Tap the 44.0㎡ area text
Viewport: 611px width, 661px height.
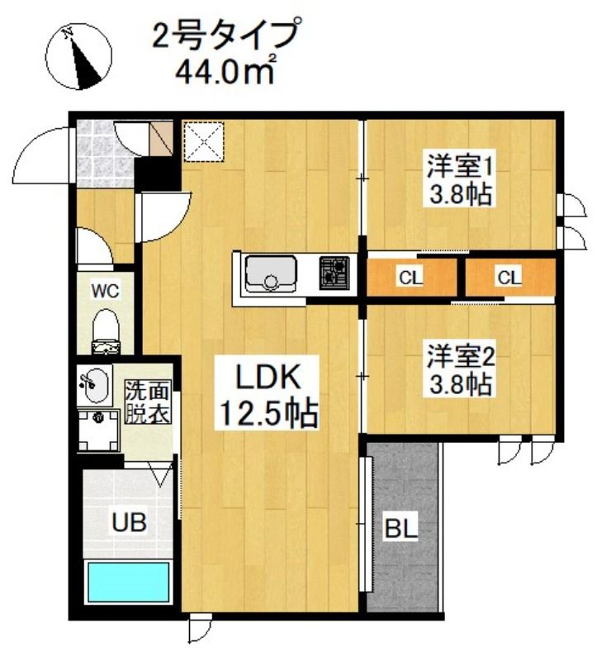pos(224,70)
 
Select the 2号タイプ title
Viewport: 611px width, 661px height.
pos(223,36)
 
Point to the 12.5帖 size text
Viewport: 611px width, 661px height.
pos(267,412)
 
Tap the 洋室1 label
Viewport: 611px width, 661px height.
pos(460,166)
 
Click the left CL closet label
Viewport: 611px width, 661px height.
pos(409,278)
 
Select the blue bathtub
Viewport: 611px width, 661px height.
pos(128,582)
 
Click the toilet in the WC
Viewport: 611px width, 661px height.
pos(106,326)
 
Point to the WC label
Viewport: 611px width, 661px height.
pos(106,290)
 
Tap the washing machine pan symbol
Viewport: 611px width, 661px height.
pos(99,428)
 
